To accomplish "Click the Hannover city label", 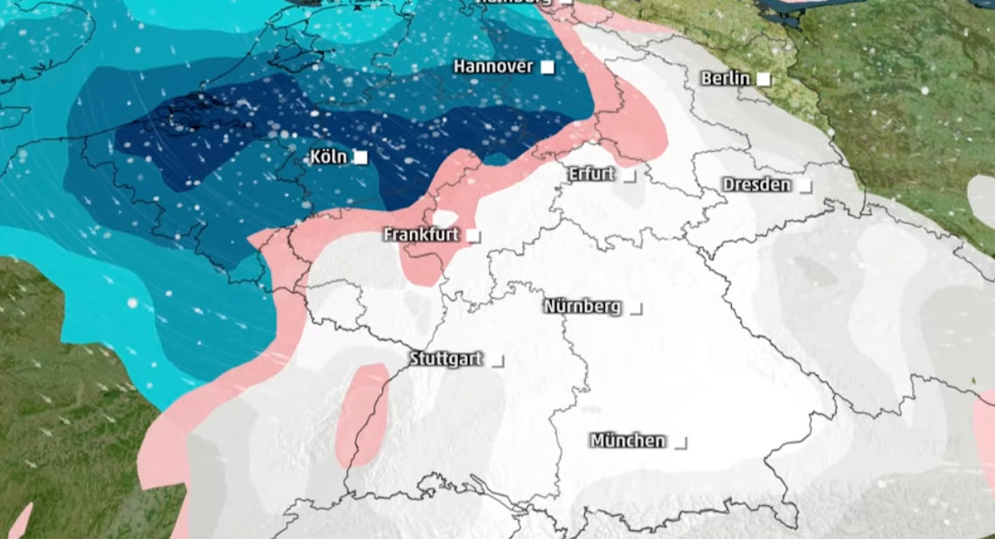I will click(493, 66).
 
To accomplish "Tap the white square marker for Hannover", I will click(547, 66).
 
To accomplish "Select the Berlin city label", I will click(726, 79).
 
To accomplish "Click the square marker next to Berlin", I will click(763, 79).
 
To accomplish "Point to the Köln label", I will click(329, 157).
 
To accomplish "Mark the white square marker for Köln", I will click(359, 157).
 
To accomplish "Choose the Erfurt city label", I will click(591, 174).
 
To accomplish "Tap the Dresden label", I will click(756, 185).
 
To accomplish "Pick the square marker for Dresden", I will click(804, 186).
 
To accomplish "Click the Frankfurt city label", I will click(421, 235).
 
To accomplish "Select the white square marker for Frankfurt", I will click(473, 236).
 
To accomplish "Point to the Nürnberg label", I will click(582, 307).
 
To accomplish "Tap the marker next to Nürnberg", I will click(636, 308).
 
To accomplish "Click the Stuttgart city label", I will click(446, 359).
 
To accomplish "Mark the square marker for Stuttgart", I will click(497, 360).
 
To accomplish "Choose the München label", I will click(628, 440).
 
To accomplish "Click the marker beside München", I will click(680, 443).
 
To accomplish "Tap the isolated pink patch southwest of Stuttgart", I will click(362, 413).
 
